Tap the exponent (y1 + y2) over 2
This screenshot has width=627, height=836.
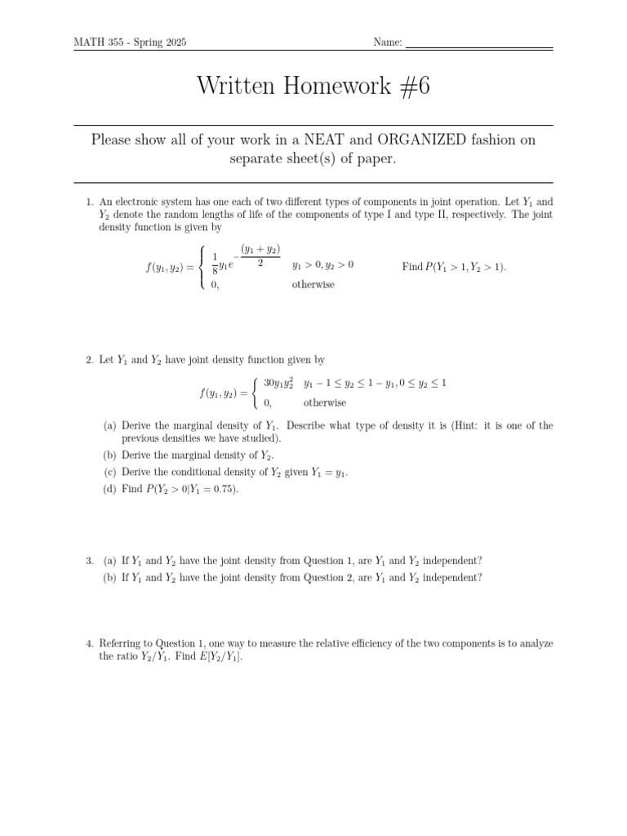(x=260, y=256)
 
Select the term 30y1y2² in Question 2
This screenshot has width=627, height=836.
(x=278, y=383)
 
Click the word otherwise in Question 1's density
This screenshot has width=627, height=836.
(x=313, y=285)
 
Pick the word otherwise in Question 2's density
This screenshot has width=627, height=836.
(x=324, y=402)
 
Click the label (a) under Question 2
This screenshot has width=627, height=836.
(x=109, y=426)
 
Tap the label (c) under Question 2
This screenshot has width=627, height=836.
(x=109, y=473)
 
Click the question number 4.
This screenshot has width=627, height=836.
(x=89, y=643)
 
